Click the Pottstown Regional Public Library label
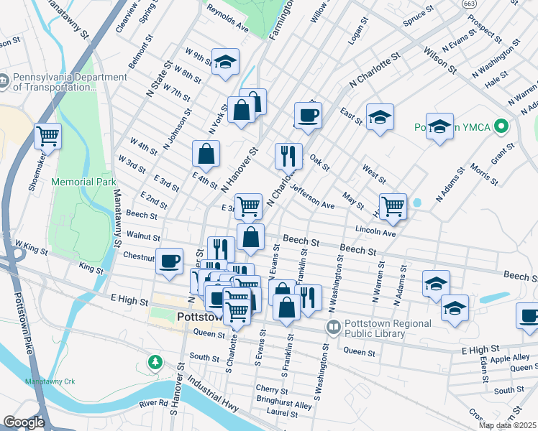point(388,328)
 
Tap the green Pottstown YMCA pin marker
point(503,127)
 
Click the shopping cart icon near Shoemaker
point(47,135)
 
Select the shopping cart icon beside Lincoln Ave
point(393,205)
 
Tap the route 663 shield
point(469,4)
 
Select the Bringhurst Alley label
point(284,406)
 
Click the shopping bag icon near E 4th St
point(206,153)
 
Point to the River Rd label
point(154,404)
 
